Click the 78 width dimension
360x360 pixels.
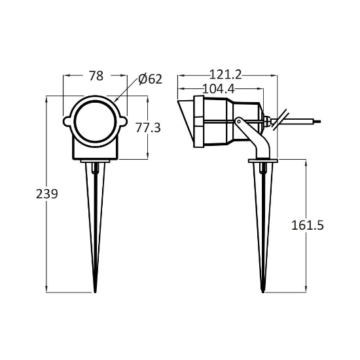coord(96,76)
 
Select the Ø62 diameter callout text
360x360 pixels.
coord(151,79)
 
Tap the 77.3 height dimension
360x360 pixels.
coord(148,128)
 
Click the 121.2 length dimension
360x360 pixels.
coord(228,75)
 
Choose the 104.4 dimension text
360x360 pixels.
coord(219,88)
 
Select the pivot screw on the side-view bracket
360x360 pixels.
coord(240,121)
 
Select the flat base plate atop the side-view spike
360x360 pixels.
coord(263,160)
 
